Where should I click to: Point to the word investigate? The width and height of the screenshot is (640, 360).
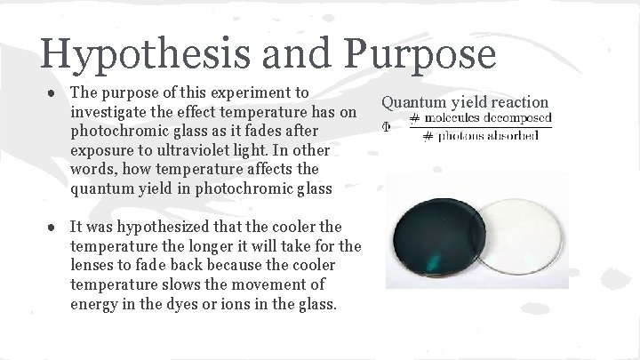[109, 110]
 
